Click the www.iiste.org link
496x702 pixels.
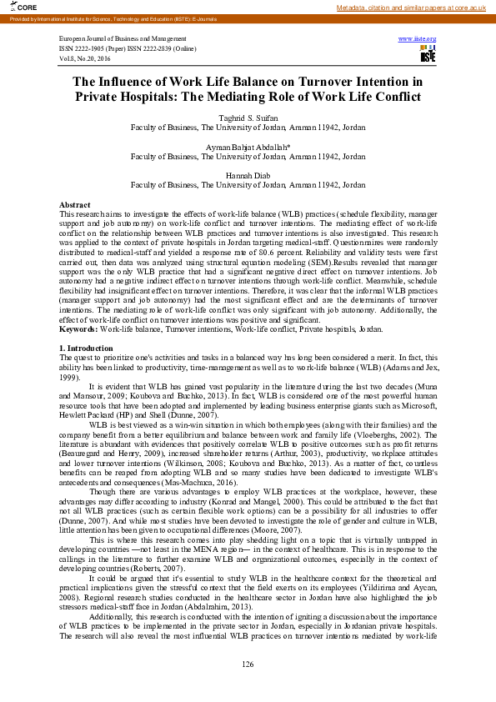click(x=417, y=39)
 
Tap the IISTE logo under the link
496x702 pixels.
click(x=428, y=55)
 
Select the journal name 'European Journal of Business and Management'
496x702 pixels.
click(x=123, y=39)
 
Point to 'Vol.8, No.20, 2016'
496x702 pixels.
click(x=87, y=58)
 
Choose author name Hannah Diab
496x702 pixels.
click(x=248, y=175)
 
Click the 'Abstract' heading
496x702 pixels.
click(x=75, y=204)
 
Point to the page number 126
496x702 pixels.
click(x=248, y=663)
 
